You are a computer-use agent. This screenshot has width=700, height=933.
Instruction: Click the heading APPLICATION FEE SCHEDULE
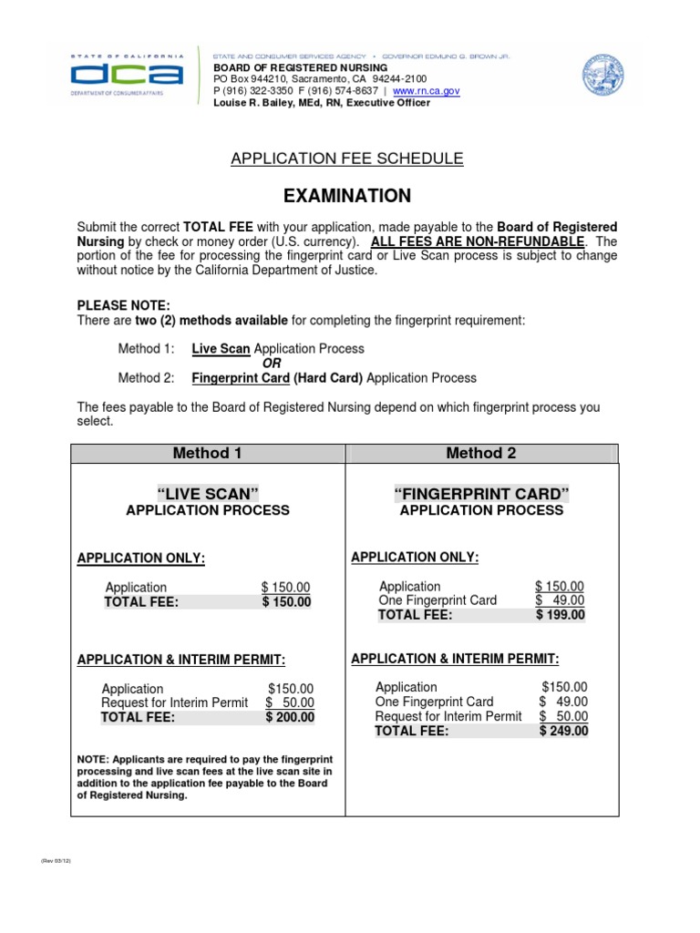[346, 159]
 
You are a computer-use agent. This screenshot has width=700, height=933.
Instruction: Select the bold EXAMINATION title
[347, 196]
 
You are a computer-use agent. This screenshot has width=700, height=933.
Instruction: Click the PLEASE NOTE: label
[123, 305]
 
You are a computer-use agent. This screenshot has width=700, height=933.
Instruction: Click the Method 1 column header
[208, 453]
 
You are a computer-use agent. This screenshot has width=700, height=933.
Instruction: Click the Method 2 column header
[481, 453]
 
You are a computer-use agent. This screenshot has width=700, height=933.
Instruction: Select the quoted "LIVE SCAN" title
[208, 493]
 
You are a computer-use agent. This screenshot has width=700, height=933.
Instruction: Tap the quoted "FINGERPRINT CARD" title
[481, 494]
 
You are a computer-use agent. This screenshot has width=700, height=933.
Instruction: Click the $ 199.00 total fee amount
[560, 615]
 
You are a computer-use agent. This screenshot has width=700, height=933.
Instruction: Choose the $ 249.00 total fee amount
[563, 731]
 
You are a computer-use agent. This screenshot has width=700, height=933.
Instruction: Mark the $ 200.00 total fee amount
[289, 717]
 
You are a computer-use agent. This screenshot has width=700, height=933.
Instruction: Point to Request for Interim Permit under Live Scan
[174, 702]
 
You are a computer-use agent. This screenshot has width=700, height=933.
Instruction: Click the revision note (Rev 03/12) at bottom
[56, 860]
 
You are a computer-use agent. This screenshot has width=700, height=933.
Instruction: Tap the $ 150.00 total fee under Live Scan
[286, 601]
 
